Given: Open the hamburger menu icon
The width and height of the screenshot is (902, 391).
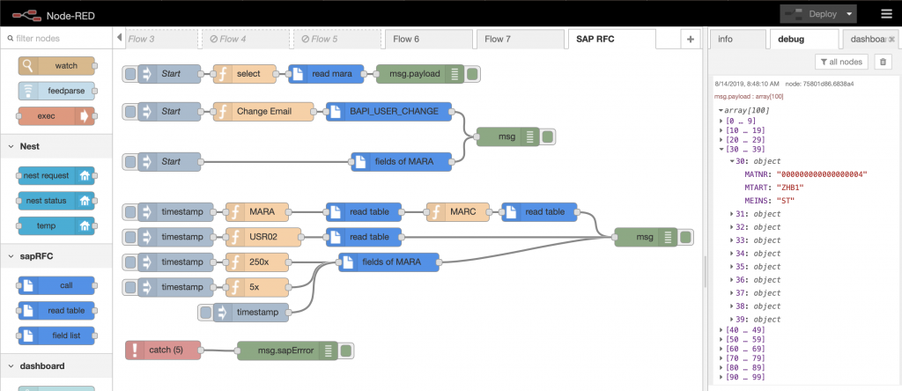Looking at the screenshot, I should (x=885, y=14).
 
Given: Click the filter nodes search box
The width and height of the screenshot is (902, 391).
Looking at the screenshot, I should (x=57, y=39).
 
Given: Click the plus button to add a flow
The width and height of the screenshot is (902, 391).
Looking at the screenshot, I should (x=690, y=39).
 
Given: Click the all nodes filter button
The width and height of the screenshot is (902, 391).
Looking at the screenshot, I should (x=840, y=61).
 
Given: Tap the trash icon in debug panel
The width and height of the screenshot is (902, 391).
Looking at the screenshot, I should (x=883, y=61).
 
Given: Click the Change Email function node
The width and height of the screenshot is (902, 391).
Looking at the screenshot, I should (x=263, y=112).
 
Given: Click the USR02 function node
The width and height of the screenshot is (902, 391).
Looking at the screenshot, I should (x=263, y=236).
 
